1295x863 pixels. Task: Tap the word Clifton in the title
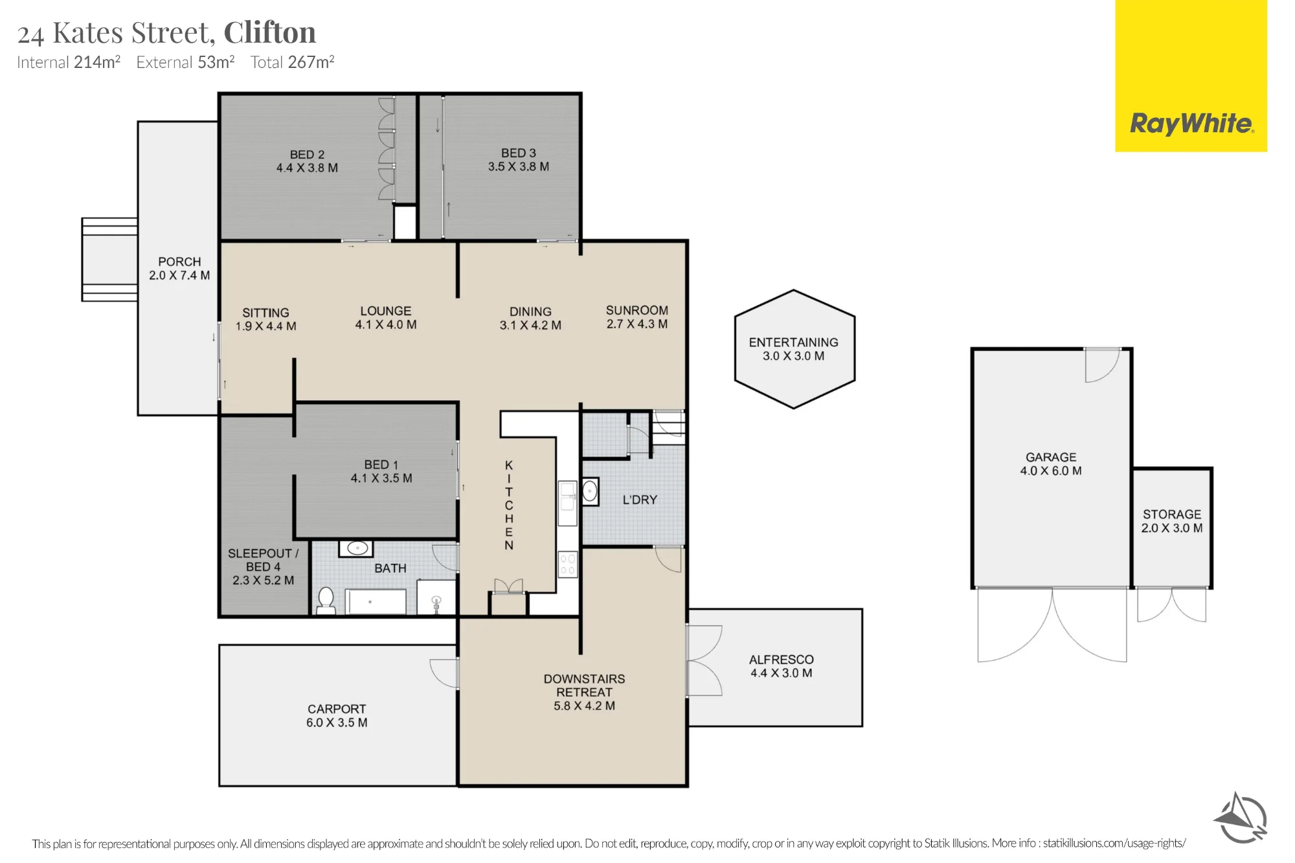tap(269, 32)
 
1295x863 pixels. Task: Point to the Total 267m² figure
tap(293, 62)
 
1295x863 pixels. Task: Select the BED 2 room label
tap(307, 155)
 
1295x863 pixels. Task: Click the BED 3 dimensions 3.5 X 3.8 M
tap(519, 166)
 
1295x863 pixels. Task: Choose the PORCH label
tap(179, 262)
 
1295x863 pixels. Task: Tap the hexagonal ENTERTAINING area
tap(794, 349)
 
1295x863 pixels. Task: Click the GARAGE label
tap(1051, 457)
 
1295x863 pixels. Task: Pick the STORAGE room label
tap(1172, 514)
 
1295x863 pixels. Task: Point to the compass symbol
tap(1241, 818)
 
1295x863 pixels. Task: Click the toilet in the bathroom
tap(326, 600)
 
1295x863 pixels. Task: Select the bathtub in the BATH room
tap(376, 601)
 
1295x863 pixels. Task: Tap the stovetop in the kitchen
tap(568, 564)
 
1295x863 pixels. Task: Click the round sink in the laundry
tap(590, 491)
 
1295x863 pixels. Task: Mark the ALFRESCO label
tap(782, 659)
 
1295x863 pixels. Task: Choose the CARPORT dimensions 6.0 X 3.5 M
tap(337, 723)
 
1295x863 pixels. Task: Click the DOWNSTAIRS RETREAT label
tap(584, 685)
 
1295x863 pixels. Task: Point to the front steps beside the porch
tap(109, 260)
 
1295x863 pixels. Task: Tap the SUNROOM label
tap(637, 310)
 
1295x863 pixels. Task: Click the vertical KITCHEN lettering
tap(509, 505)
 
